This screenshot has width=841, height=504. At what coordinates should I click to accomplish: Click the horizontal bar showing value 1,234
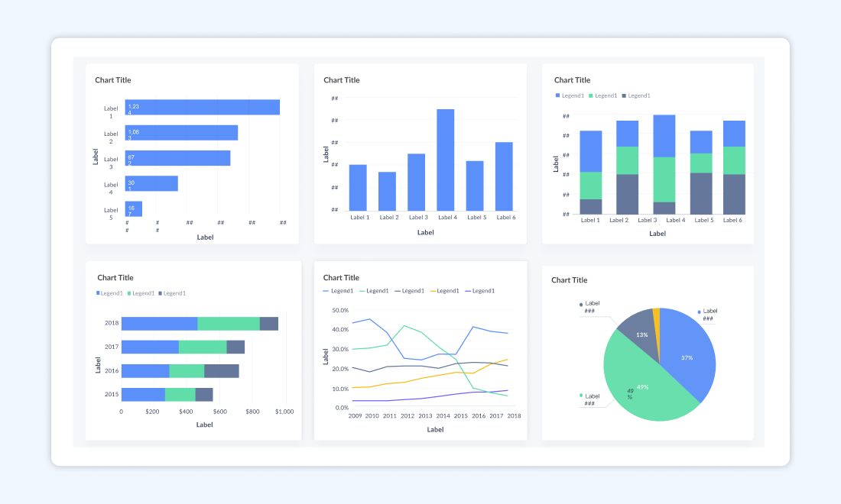pos(202,108)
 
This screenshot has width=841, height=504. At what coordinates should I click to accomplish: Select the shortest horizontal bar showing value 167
pos(134,208)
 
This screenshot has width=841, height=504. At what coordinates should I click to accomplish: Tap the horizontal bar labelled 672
pos(177,158)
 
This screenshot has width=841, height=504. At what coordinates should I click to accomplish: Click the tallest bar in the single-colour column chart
pos(446,160)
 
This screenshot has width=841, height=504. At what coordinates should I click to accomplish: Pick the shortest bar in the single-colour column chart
pos(388,191)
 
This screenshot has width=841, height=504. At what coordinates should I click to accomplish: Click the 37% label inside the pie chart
pos(687,357)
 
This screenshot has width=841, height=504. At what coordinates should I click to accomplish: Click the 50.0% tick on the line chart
pos(339,311)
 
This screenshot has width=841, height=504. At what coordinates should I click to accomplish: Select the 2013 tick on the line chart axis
pos(425,416)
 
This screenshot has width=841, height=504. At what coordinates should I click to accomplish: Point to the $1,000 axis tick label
pos(284,412)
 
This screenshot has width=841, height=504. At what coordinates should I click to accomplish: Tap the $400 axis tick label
pos(187,412)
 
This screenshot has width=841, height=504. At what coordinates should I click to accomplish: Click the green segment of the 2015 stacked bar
pos(180,395)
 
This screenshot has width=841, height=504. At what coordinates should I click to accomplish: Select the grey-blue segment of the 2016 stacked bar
pos(222,371)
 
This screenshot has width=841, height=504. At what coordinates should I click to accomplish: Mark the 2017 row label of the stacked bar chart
pos(112,347)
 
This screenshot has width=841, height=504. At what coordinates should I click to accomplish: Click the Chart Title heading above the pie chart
pos(569,280)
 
